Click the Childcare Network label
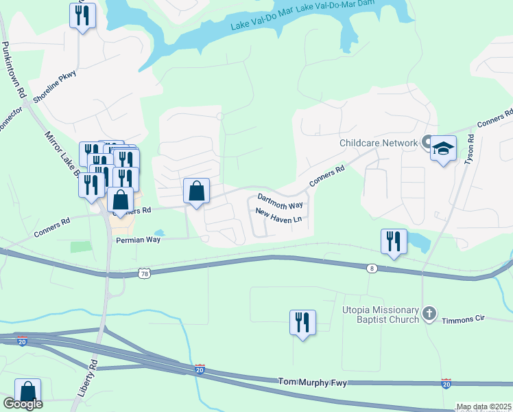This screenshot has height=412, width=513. tap(379, 143)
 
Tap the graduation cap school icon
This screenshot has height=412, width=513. tap(443, 148)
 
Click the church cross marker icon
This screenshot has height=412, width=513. tap(429, 314)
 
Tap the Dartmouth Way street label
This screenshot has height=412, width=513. tap(280, 205)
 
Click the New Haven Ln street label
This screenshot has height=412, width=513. tap(278, 219)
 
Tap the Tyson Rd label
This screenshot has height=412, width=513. tap(470, 149)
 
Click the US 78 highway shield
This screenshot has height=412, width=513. tap(144, 273)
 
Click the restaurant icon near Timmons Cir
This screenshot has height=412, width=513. tap(302, 323)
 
